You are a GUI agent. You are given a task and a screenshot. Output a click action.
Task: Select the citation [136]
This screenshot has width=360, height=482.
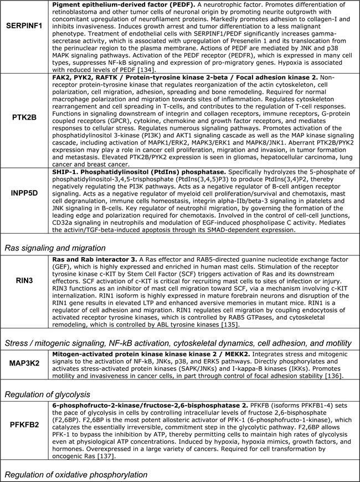point(330,376)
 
